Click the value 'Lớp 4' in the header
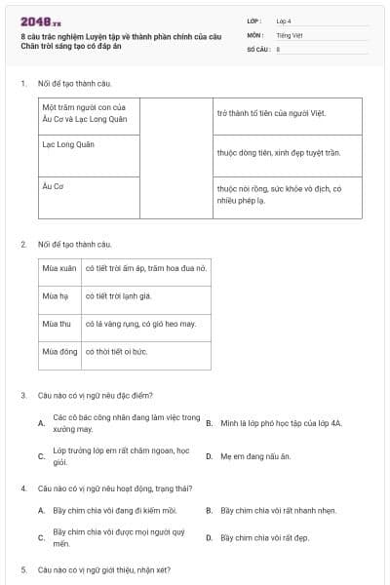(x=284, y=19)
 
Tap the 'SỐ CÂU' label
(x=257, y=48)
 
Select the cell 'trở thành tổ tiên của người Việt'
(x=271, y=114)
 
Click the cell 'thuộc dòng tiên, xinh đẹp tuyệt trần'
(x=278, y=153)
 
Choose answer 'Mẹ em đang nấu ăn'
(x=255, y=456)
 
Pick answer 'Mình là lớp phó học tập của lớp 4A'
(x=281, y=423)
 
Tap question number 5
(x=22, y=568)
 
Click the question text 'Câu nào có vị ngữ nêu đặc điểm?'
(x=95, y=396)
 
